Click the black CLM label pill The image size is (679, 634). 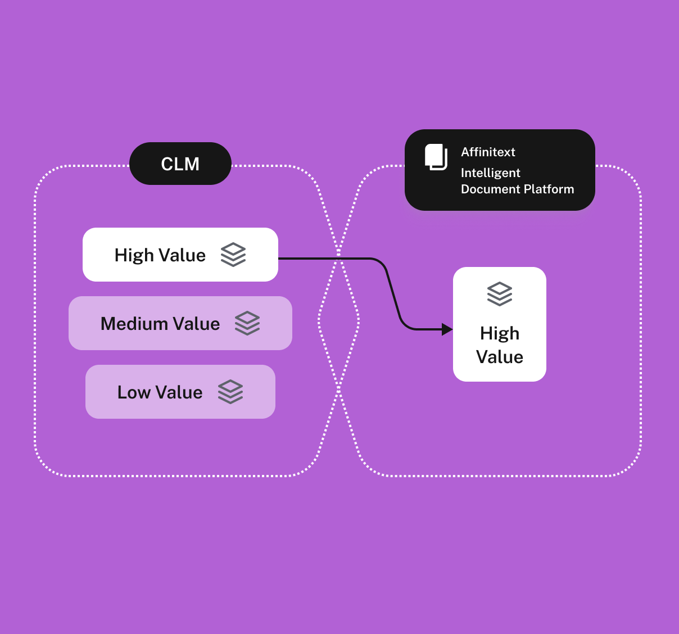(180, 164)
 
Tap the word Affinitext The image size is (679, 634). (488, 152)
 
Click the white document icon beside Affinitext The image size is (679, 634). (436, 157)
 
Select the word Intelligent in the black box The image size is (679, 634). (490, 173)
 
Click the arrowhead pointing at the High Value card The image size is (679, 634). (447, 329)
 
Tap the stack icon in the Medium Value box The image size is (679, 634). (247, 323)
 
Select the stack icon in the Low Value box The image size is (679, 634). (230, 392)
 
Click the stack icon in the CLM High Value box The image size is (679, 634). (233, 255)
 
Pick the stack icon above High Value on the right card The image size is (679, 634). (500, 294)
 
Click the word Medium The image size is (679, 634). (134, 324)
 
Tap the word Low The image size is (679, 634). (134, 392)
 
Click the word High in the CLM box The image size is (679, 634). (134, 255)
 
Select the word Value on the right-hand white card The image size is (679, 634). (500, 357)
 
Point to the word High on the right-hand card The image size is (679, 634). (500, 333)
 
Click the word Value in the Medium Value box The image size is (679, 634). (196, 324)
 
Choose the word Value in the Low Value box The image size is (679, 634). (179, 392)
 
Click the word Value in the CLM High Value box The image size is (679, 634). (182, 255)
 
